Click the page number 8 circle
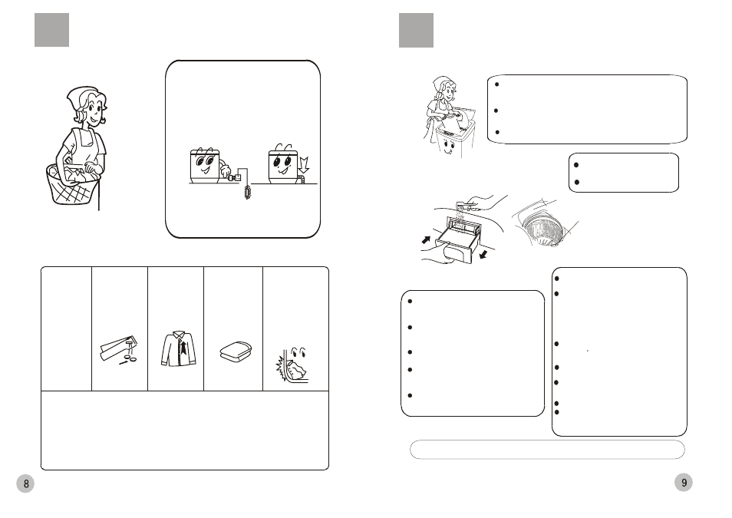coord(25,483)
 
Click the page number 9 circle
coord(684,483)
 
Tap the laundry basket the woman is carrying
coord(72,184)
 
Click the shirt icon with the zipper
coord(179,349)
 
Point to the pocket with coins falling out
coord(119,349)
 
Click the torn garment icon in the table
coord(292,365)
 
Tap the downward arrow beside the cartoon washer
coord(304,165)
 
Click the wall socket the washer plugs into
coord(237,177)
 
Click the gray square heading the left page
coord(52,30)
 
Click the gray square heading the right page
coord(416,31)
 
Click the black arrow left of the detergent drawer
coord(426,239)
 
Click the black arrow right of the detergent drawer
coord(483,254)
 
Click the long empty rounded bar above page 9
coord(547,450)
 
